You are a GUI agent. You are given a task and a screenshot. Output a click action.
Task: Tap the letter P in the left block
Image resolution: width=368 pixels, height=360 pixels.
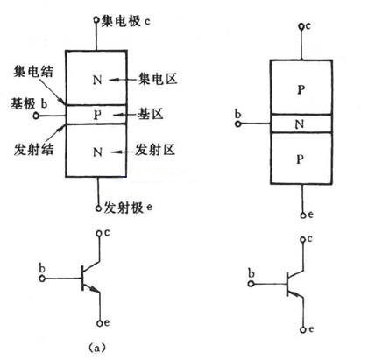click(97, 114)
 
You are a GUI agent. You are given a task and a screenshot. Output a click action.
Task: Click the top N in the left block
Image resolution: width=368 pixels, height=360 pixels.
click(97, 80)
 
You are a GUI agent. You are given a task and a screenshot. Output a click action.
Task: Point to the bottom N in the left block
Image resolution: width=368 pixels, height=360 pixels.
click(97, 152)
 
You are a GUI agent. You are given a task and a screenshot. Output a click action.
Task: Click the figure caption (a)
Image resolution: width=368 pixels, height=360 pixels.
click(97, 347)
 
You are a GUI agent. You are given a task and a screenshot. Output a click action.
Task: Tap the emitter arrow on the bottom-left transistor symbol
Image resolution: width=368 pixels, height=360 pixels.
click(99, 294)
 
